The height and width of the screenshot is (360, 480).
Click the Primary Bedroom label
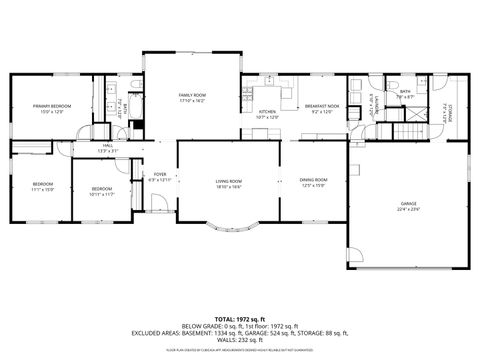coord(51,107)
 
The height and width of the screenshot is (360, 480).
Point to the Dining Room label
coord(313,182)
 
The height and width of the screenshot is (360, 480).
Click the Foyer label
coord(160,176)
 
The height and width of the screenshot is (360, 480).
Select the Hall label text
coord(107,148)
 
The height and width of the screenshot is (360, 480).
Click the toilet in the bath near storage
coord(396,84)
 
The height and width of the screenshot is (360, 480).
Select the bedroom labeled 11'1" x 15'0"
coord(41,186)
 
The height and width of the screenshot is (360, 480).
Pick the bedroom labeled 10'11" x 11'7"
coord(102,190)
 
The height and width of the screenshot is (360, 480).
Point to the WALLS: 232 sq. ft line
coord(239,339)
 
